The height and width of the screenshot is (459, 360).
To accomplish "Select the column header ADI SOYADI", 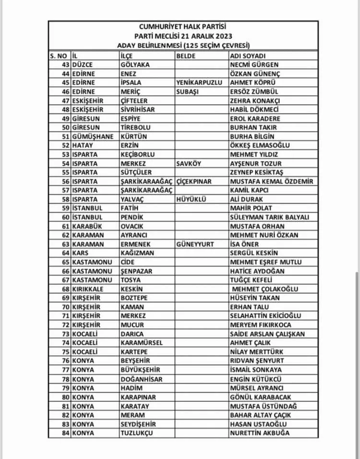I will [x=248, y=56].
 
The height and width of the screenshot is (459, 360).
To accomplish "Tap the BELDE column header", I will [x=186, y=56].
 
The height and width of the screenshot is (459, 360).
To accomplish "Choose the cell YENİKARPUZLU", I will [x=200, y=83].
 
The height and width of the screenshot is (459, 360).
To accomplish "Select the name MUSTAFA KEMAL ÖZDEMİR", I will [x=272, y=181].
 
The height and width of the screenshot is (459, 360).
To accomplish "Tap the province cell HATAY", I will [x=83, y=145].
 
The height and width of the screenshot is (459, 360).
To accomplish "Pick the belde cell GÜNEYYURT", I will [x=195, y=244].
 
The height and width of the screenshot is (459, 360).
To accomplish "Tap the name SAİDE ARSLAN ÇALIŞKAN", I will [x=267, y=334].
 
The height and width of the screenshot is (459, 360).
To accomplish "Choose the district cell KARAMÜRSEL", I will [x=142, y=343].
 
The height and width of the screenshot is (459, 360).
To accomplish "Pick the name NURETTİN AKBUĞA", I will [x=260, y=433].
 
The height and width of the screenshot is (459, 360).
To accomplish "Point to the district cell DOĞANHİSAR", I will [x=142, y=379].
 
